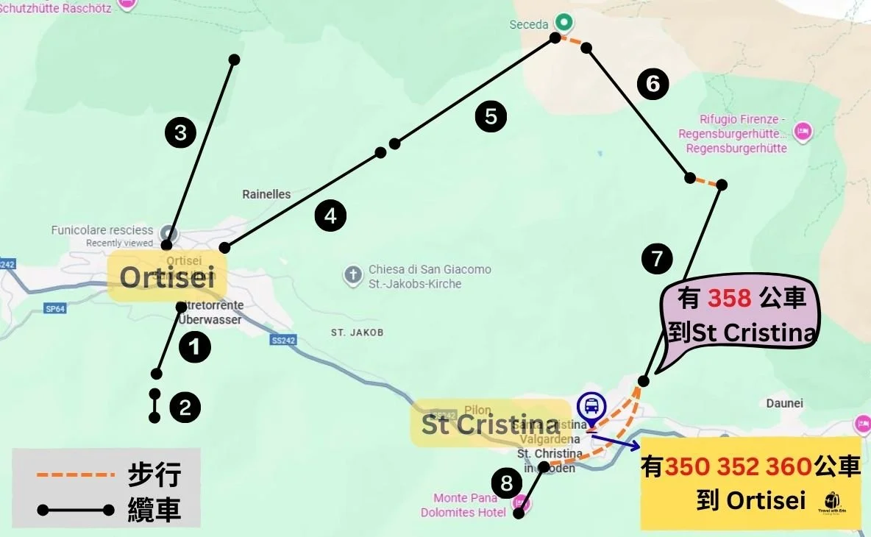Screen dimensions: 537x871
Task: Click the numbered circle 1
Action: pos(195,347)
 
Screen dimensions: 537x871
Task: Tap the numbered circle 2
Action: pos(185,408)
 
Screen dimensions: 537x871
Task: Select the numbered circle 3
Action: pos(180,133)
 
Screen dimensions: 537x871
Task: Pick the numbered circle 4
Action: pos(330,216)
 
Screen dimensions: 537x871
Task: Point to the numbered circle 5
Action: pos(491,116)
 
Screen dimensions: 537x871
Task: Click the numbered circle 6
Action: pos(653,84)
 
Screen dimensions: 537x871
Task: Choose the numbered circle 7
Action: pos(657,258)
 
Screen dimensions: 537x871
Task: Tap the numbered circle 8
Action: pos(506,483)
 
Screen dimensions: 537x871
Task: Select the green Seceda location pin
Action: pos(564,22)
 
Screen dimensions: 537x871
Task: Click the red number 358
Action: pos(729,298)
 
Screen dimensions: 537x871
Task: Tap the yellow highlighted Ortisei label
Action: pos(167,277)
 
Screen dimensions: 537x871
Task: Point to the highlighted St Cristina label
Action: pos(490,424)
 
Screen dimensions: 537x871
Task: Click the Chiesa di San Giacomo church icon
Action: pos(353,276)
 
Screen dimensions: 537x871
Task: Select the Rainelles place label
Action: pos(266,194)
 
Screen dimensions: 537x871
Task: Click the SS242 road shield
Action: pos(282,341)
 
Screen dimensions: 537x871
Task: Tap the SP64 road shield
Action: pos(55,309)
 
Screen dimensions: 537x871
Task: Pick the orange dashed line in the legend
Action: pos(75,475)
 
